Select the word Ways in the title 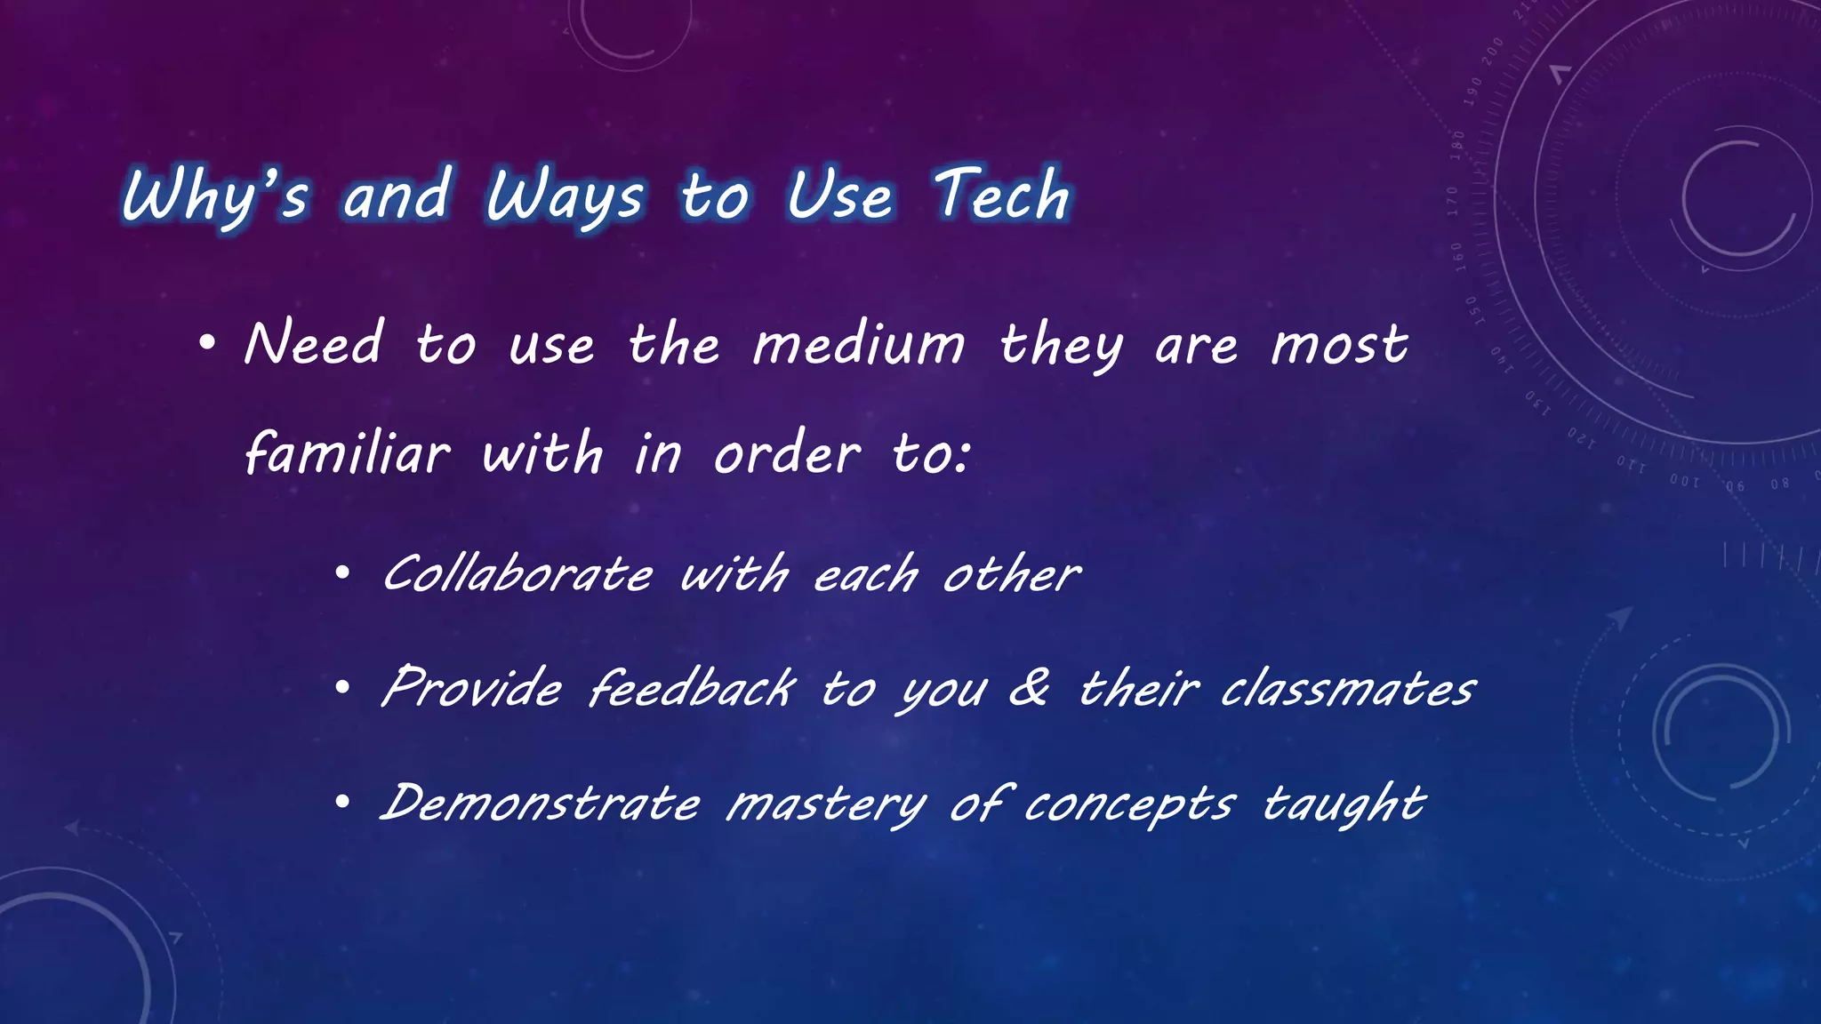[x=564, y=197]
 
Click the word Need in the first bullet [x=314, y=344]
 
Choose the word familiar [x=348, y=453]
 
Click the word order [x=787, y=453]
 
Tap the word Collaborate [x=517, y=574]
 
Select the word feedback [x=692, y=689]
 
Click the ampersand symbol [x=1030, y=687]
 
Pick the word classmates [x=1348, y=689]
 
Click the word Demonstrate [x=541, y=804]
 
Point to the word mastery [x=826, y=805]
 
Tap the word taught [x=1344, y=805]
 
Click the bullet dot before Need [x=207, y=345]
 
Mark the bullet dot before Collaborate [x=342, y=575]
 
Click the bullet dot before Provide [x=342, y=690]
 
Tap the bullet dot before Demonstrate [x=342, y=804]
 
